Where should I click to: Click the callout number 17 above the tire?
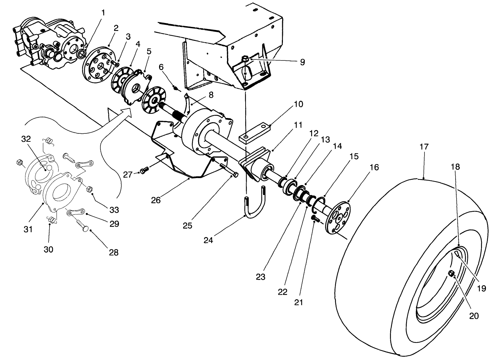[424, 147]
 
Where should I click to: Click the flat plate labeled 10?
[255, 132]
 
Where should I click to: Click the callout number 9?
[302, 62]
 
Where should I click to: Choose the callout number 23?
[261, 278]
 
